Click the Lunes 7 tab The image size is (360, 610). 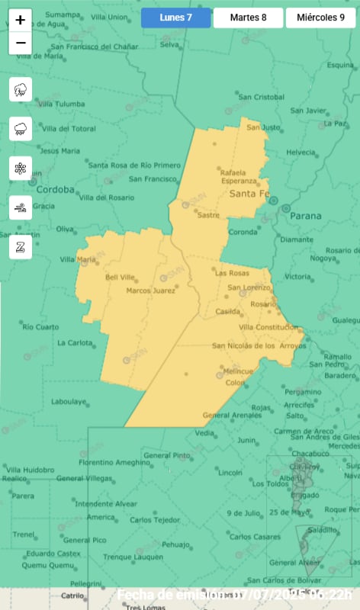(175, 18)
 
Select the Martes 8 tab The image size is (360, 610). (248, 18)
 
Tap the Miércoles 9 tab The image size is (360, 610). (320, 18)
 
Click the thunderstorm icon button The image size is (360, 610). (21, 90)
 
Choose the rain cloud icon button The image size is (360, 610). (21, 129)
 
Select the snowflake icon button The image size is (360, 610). (21, 168)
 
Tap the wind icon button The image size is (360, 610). (21, 207)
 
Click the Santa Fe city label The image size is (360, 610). (249, 195)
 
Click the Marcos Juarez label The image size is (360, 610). (149, 291)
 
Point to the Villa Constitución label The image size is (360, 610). (268, 327)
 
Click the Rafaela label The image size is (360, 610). (233, 172)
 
